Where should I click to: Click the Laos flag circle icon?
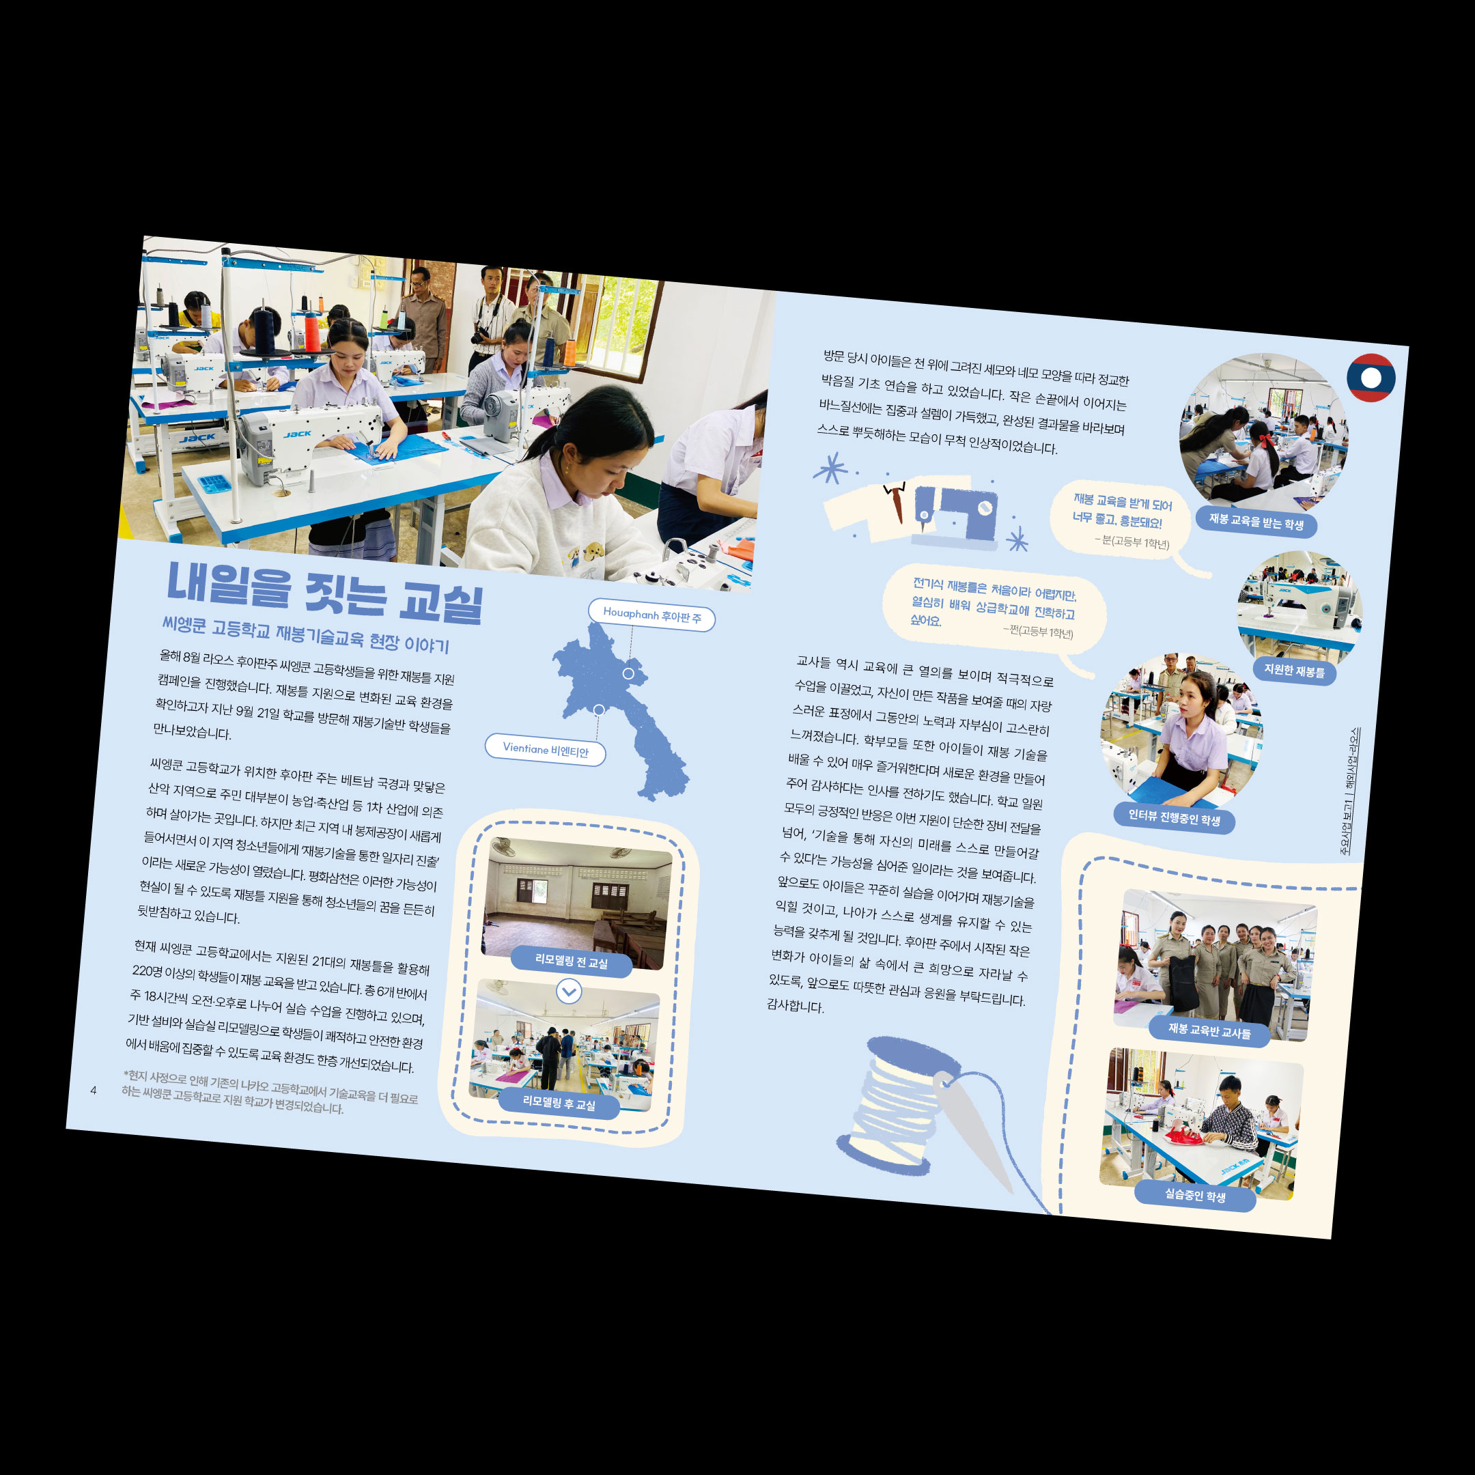coord(1371,378)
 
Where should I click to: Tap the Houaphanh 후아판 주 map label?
coord(651,615)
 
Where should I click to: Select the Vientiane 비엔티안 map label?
coord(546,750)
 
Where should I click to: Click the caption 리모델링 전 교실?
coord(571,961)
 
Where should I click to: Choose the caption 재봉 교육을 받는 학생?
coord(1256,522)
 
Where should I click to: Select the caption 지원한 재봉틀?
coord(1294,671)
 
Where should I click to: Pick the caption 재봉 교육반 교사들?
coord(1209,1030)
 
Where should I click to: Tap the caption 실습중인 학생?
coord(1195,1195)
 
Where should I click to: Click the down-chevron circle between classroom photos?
coord(569,991)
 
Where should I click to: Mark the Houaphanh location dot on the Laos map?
coord(628,673)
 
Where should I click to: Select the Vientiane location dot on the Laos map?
coord(599,710)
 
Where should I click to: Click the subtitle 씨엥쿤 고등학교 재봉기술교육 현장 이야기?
coord(305,634)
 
